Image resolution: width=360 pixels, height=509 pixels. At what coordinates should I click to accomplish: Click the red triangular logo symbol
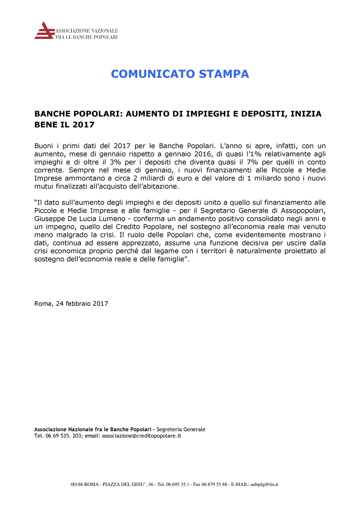[44, 30]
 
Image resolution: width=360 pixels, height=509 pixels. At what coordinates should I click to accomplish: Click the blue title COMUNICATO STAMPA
[180, 74]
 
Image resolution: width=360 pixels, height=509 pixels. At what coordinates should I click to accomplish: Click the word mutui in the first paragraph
[43, 186]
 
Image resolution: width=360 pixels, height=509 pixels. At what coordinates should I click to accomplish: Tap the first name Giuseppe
[48, 219]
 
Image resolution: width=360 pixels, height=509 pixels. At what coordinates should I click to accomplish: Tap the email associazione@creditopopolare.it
[142, 436]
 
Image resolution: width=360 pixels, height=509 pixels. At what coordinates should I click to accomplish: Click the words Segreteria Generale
[181, 429]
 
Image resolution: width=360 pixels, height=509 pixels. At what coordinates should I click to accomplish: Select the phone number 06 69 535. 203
[63, 436]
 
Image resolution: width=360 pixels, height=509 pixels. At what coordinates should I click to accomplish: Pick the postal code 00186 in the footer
[77, 484]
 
